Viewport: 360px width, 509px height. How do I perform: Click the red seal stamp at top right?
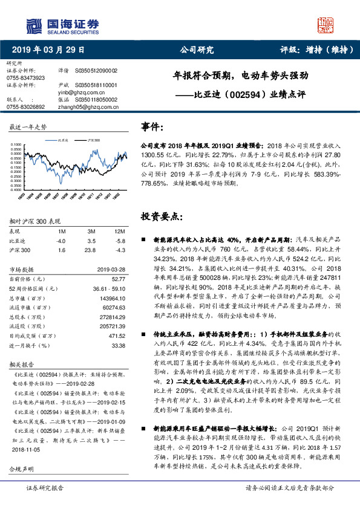tap(327, 25)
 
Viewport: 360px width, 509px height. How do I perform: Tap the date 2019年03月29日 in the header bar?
tap(48, 50)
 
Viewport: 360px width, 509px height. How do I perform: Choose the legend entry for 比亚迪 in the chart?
tap(58, 140)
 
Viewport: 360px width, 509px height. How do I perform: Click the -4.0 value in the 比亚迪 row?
tap(61, 241)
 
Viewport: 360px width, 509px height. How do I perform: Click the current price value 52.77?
tap(118, 278)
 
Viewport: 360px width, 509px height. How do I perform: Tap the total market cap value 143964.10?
tap(113, 299)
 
